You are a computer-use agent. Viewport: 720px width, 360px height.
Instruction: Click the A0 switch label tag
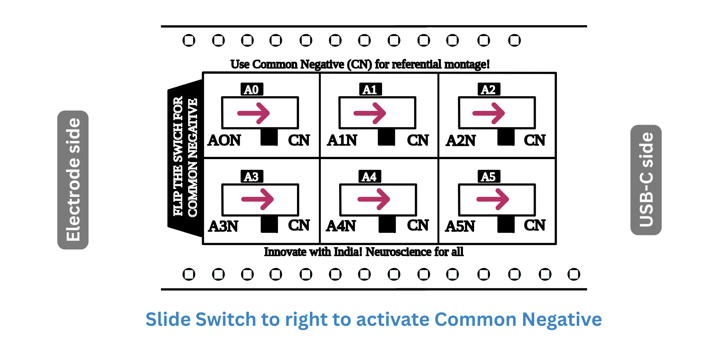point(252,89)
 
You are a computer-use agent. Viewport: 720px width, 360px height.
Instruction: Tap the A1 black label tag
point(370,89)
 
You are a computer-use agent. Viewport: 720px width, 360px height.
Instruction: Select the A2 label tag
point(489,89)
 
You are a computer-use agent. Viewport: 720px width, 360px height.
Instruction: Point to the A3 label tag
point(252,177)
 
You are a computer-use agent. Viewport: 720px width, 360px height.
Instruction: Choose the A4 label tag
point(369,177)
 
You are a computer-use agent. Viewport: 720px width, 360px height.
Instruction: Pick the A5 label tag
point(489,177)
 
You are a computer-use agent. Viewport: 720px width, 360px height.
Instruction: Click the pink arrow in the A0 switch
point(254,113)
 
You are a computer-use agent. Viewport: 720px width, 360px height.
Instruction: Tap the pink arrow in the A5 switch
point(492,199)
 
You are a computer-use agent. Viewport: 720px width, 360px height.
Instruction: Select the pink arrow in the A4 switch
point(374,199)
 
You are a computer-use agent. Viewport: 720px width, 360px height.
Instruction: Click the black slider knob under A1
point(387,137)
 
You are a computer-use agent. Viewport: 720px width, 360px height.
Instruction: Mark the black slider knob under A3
point(269,224)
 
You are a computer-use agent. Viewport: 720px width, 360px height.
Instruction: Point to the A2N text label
point(461,141)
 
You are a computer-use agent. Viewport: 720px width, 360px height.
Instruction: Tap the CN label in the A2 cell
point(535,140)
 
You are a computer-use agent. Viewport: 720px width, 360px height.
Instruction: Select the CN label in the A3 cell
point(299,225)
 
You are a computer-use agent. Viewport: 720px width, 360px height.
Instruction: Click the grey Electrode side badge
point(73,180)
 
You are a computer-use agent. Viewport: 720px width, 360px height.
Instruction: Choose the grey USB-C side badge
point(646,180)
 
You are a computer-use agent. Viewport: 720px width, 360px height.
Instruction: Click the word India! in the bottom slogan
point(348,252)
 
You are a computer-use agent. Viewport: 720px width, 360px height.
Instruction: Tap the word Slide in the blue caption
point(168,319)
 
